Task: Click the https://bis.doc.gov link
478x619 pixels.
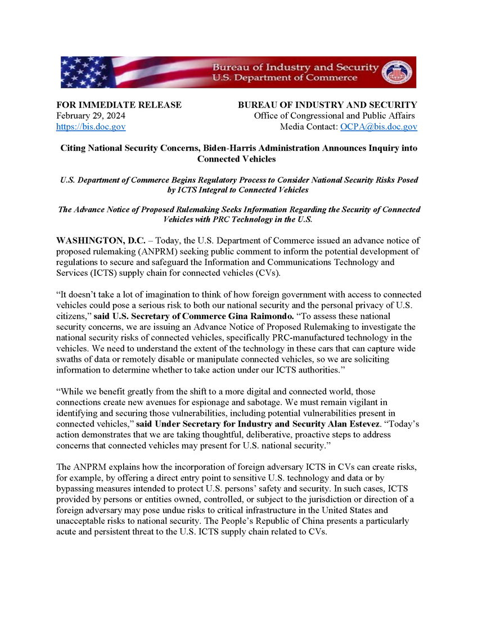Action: click(x=91, y=127)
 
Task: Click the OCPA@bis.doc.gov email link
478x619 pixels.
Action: click(x=378, y=127)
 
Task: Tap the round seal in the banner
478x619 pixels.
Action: click(x=396, y=72)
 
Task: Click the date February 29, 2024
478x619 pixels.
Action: click(x=91, y=116)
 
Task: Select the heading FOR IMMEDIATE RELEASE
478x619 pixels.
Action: click(x=119, y=105)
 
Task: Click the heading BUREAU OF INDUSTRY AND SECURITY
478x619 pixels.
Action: click(x=327, y=105)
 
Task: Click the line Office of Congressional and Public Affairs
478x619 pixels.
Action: click(x=335, y=116)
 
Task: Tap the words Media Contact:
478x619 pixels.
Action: click(x=309, y=127)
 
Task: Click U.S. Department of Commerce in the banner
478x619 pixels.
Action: click(x=284, y=78)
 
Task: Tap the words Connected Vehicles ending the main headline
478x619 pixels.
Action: click(x=239, y=159)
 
